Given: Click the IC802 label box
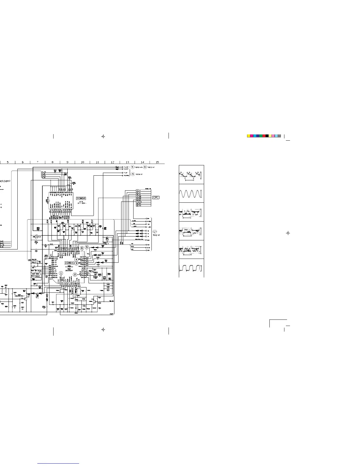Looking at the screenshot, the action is pyautogui.click(x=81, y=198).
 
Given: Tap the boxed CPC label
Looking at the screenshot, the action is pyautogui.click(x=156, y=197).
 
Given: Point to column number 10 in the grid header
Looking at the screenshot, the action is pyautogui.click(x=82, y=162).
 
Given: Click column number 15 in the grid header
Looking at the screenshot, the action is pyautogui.click(x=157, y=162).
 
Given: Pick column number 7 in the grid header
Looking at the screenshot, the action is pyautogui.click(x=38, y=162).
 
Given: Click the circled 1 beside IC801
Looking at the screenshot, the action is pyautogui.click(x=61, y=273).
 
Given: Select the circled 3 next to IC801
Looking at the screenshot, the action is pyautogui.click(x=76, y=263).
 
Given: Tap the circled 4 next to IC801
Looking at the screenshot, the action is pyautogui.click(x=76, y=259).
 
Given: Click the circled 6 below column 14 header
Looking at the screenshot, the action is pyautogui.click(x=145, y=167).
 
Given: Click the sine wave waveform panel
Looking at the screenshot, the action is pyautogui.click(x=191, y=194).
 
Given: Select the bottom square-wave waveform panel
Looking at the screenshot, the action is pyautogui.click(x=191, y=268).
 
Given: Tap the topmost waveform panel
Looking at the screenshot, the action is pyautogui.click(x=191, y=175).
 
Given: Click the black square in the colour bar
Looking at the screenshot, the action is pyautogui.click(x=267, y=136).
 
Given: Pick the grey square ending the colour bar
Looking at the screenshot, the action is pyautogui.click(x=279, y=136).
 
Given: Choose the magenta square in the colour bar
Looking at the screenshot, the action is pyautogui.click(x=251, y=136).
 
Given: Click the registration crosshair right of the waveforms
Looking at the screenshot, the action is pyautogui.click(x=288, y=233).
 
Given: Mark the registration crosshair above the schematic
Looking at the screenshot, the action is pyautogui.click(x=103, y=136).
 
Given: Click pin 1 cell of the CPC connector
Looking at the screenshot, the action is pyautogui.click(x=137, y=191).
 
